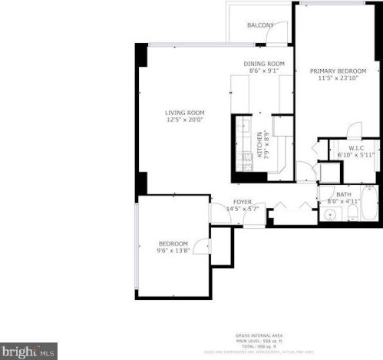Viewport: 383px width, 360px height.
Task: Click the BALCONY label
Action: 260,25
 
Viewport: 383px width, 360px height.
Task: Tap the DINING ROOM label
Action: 264,64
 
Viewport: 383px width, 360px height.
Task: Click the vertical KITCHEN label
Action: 259,146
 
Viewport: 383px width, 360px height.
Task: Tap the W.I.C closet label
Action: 356,147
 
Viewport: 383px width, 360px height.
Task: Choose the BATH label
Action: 343,194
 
